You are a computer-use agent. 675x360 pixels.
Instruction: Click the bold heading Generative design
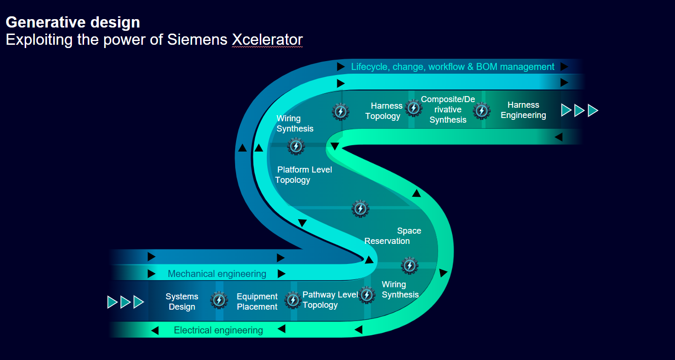[73, 22]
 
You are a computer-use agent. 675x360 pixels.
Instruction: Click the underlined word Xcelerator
[267, 40]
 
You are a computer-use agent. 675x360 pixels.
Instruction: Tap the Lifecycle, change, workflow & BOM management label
[452, 67]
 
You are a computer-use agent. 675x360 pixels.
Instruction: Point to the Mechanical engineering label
[217, 274]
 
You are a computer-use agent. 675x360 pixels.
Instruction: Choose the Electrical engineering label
[218, 330]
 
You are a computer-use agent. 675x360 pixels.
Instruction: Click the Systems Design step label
[182, 302]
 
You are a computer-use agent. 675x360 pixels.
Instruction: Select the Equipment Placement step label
[257, 302]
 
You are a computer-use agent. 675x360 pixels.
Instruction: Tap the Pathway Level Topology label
[330, 300]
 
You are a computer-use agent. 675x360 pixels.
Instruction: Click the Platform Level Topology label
[303, 175]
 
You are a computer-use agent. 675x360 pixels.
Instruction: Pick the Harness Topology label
[384, 111]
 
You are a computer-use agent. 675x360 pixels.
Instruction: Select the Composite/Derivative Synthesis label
[448, 110]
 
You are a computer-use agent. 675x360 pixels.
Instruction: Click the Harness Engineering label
[523, 110]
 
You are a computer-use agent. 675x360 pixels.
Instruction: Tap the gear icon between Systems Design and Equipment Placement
[219, 300]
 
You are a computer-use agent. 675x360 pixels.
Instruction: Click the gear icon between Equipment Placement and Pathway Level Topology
[292, 300]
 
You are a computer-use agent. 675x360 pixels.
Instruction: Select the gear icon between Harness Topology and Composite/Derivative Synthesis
[413, 108]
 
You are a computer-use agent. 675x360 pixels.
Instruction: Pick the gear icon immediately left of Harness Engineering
[481, 111]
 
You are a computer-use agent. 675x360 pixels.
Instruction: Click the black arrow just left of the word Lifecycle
[341, 67]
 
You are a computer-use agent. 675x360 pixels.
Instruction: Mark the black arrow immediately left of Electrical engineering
[155, 331]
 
